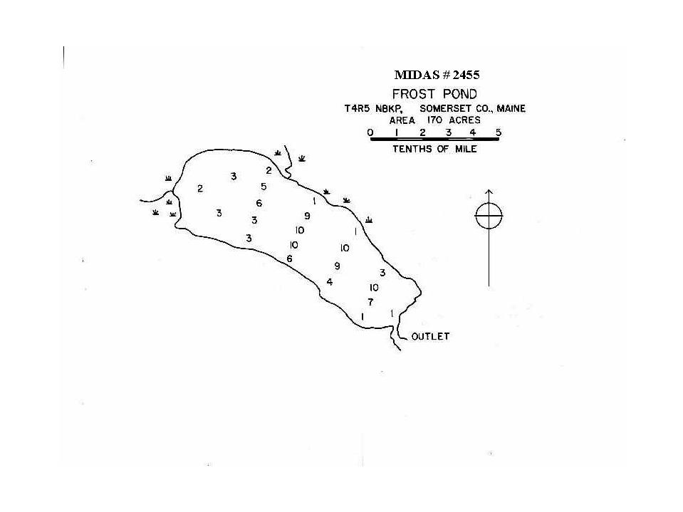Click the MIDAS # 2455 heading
tap(437, 75)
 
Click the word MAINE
tap(511, 108)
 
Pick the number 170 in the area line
tap(435, 120)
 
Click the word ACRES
tap(465, 120)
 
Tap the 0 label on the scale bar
tap(370, 132)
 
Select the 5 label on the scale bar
tap(499, 132)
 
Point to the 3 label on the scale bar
tap(449, 132)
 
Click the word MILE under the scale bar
tap(466, 149)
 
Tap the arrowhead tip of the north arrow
tap(489, 189)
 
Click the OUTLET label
tap(430, 337)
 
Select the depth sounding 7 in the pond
tap(370, 302)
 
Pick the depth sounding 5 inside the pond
tap(264, 187)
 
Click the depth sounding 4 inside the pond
tap(330, 282)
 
